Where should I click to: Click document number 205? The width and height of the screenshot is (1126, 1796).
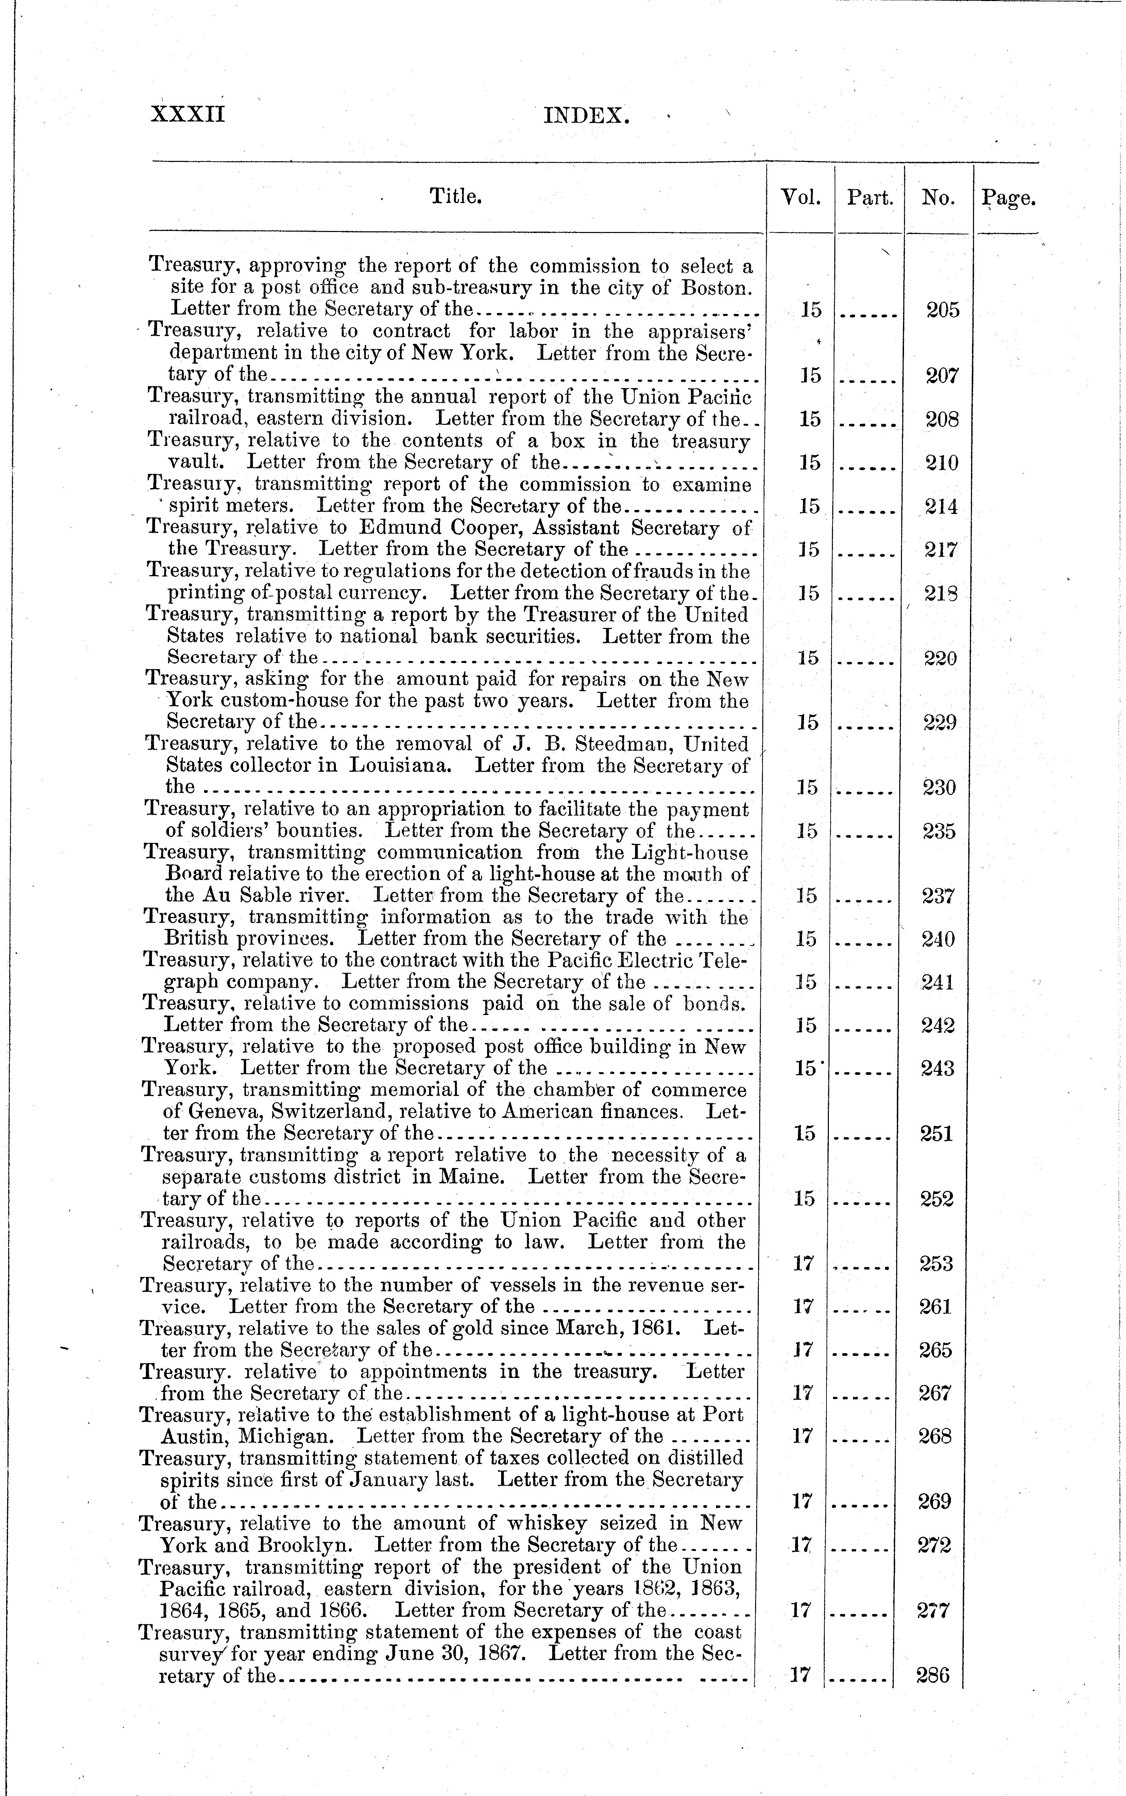click(x=943, y=310)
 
